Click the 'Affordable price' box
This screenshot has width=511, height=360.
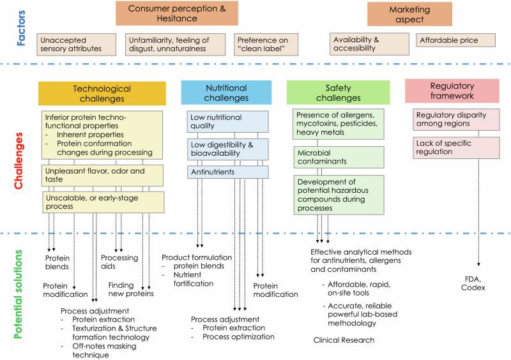tap(456, 40)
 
